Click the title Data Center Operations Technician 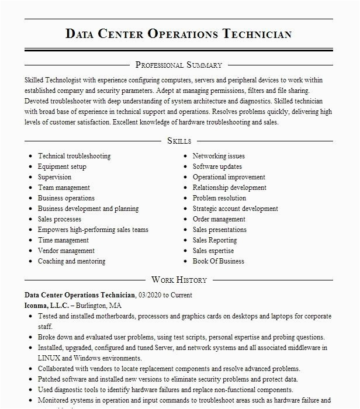click(179, 33)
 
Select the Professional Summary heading click(179, 65)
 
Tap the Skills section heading click(179, 141)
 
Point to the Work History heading click(179, 280)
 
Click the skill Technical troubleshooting click(74, 156)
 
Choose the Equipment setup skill click(62, 167)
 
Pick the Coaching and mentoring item click(72, 261)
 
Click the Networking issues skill click(219, 156)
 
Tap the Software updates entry click(217, 167)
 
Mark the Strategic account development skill click(235, 209)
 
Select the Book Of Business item click(219, 261)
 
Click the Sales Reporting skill click(214, 240)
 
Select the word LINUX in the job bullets click(49, 358)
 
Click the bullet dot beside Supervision click(30, 178)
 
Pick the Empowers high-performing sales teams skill click(93, 230)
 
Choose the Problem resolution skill click(219, 198)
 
